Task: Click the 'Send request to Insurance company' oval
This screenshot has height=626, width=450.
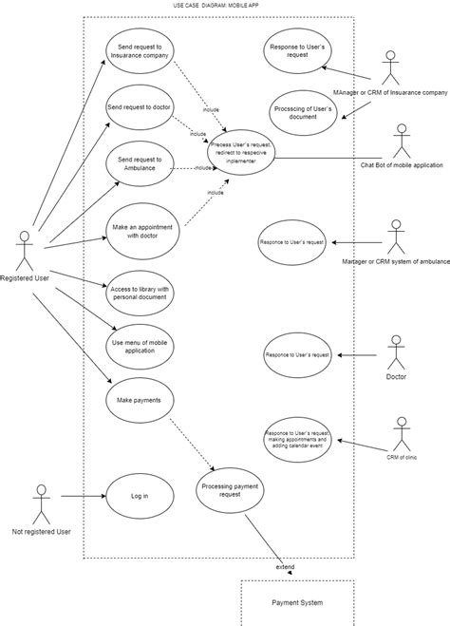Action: [x=139, y=55]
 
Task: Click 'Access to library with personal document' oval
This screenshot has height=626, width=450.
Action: [x=139, y=293]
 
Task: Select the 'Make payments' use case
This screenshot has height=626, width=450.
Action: [x=139, y=400]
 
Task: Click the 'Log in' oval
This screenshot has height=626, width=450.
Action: [x=139, y=495]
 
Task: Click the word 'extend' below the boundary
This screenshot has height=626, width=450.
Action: [x=285, y=567]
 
